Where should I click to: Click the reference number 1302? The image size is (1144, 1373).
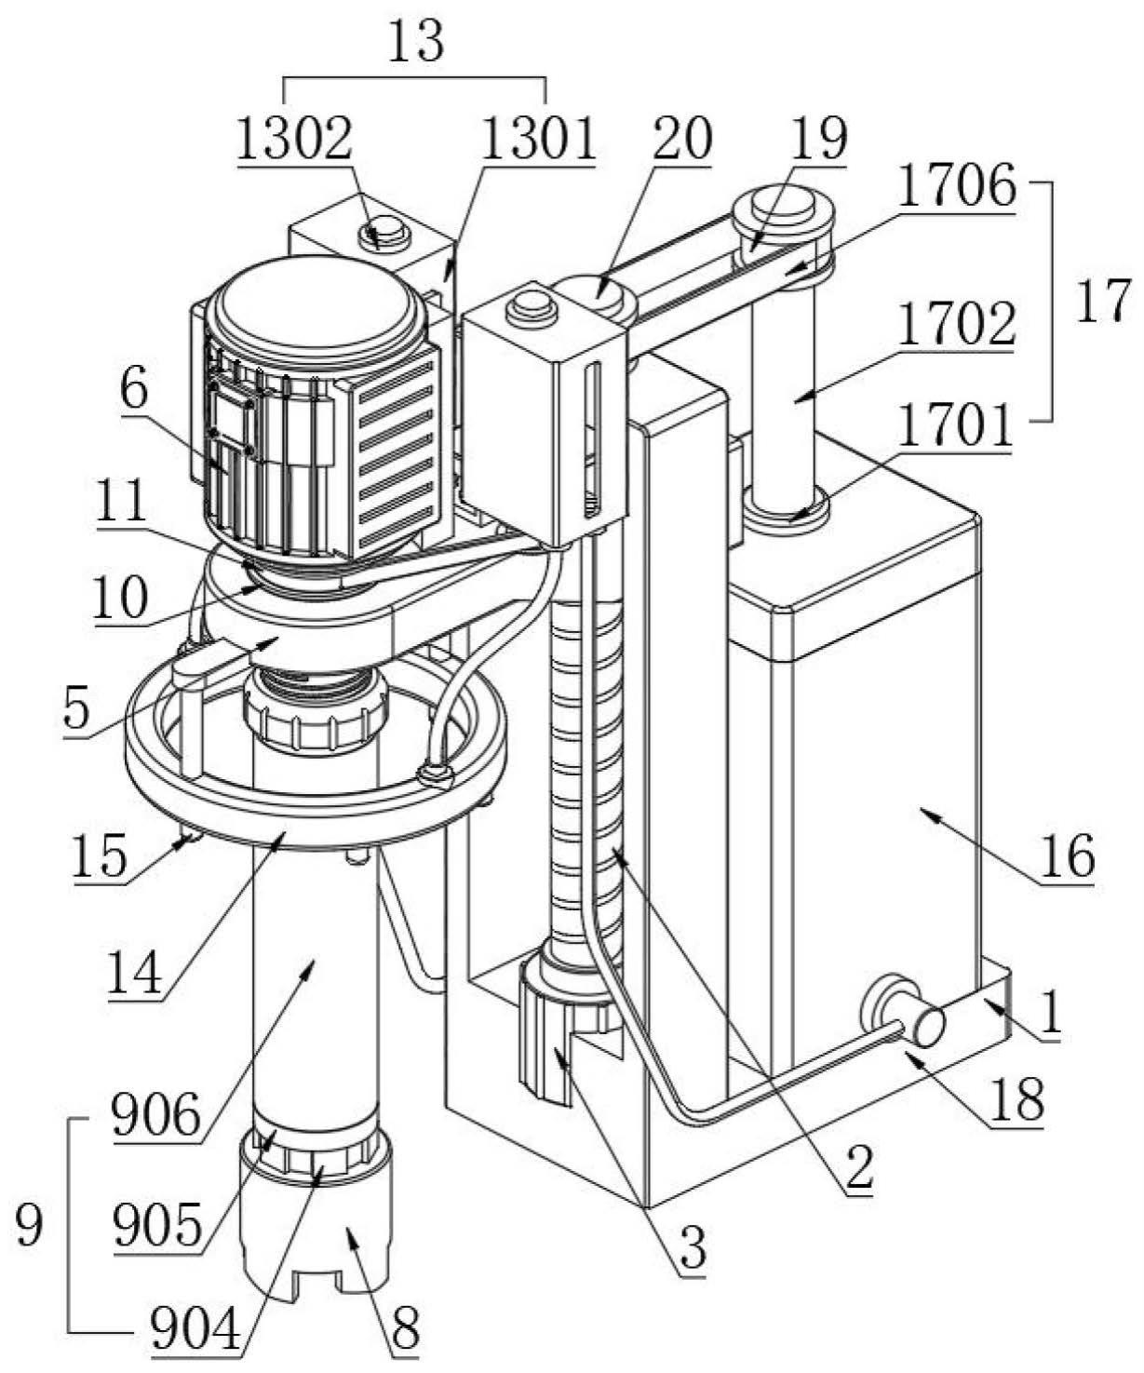point(294,140)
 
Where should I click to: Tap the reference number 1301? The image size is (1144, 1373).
point(538,140)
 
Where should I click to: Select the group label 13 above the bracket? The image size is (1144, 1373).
point(415,41)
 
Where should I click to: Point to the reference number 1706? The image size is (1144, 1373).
point(957,187)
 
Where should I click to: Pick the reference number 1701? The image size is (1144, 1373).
point(955,426)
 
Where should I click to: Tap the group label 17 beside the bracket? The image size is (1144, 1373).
point(1103,300)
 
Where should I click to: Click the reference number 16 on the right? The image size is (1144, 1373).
point(1067,856)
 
